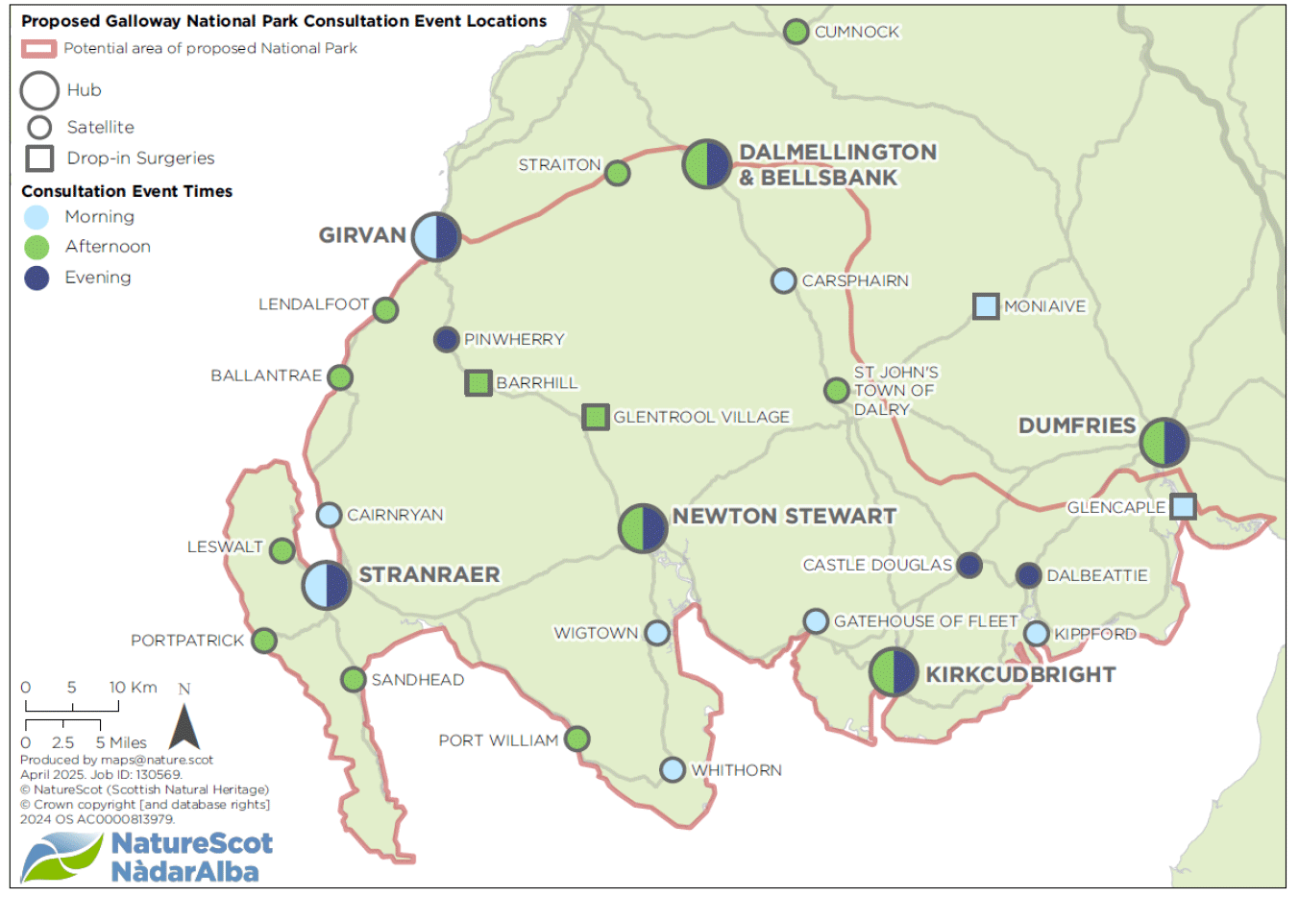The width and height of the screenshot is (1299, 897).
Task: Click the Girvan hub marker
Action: (436, 236)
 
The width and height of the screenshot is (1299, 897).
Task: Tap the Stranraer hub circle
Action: (327, 585)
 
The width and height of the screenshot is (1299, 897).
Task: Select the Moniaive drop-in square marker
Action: (986, 306)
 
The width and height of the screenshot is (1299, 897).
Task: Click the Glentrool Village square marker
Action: (596, 417)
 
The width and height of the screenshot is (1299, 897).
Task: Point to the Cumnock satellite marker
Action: (796, 32)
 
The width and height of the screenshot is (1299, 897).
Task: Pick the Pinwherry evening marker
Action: (446, 339)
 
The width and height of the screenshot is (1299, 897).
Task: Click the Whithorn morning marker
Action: (673, 769)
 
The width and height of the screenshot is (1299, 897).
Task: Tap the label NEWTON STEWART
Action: (784, 517)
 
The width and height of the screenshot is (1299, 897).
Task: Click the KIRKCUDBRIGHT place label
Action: (1020, 675)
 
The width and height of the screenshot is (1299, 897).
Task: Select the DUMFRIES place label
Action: (1077, 425)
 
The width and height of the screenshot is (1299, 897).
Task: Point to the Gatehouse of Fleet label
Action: (925, 621)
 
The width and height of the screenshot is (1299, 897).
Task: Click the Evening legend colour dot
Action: (37, 278)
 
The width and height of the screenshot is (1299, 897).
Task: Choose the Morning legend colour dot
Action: (37, 217)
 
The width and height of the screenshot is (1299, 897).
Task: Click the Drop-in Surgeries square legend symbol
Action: (39, 158)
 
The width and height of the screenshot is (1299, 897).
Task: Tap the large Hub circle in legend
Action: (40, 91)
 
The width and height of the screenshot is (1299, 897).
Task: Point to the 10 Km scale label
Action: (133, 688)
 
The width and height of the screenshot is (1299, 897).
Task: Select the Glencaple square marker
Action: (1184, 506)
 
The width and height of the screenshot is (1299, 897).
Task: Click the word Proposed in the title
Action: (60, 21)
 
